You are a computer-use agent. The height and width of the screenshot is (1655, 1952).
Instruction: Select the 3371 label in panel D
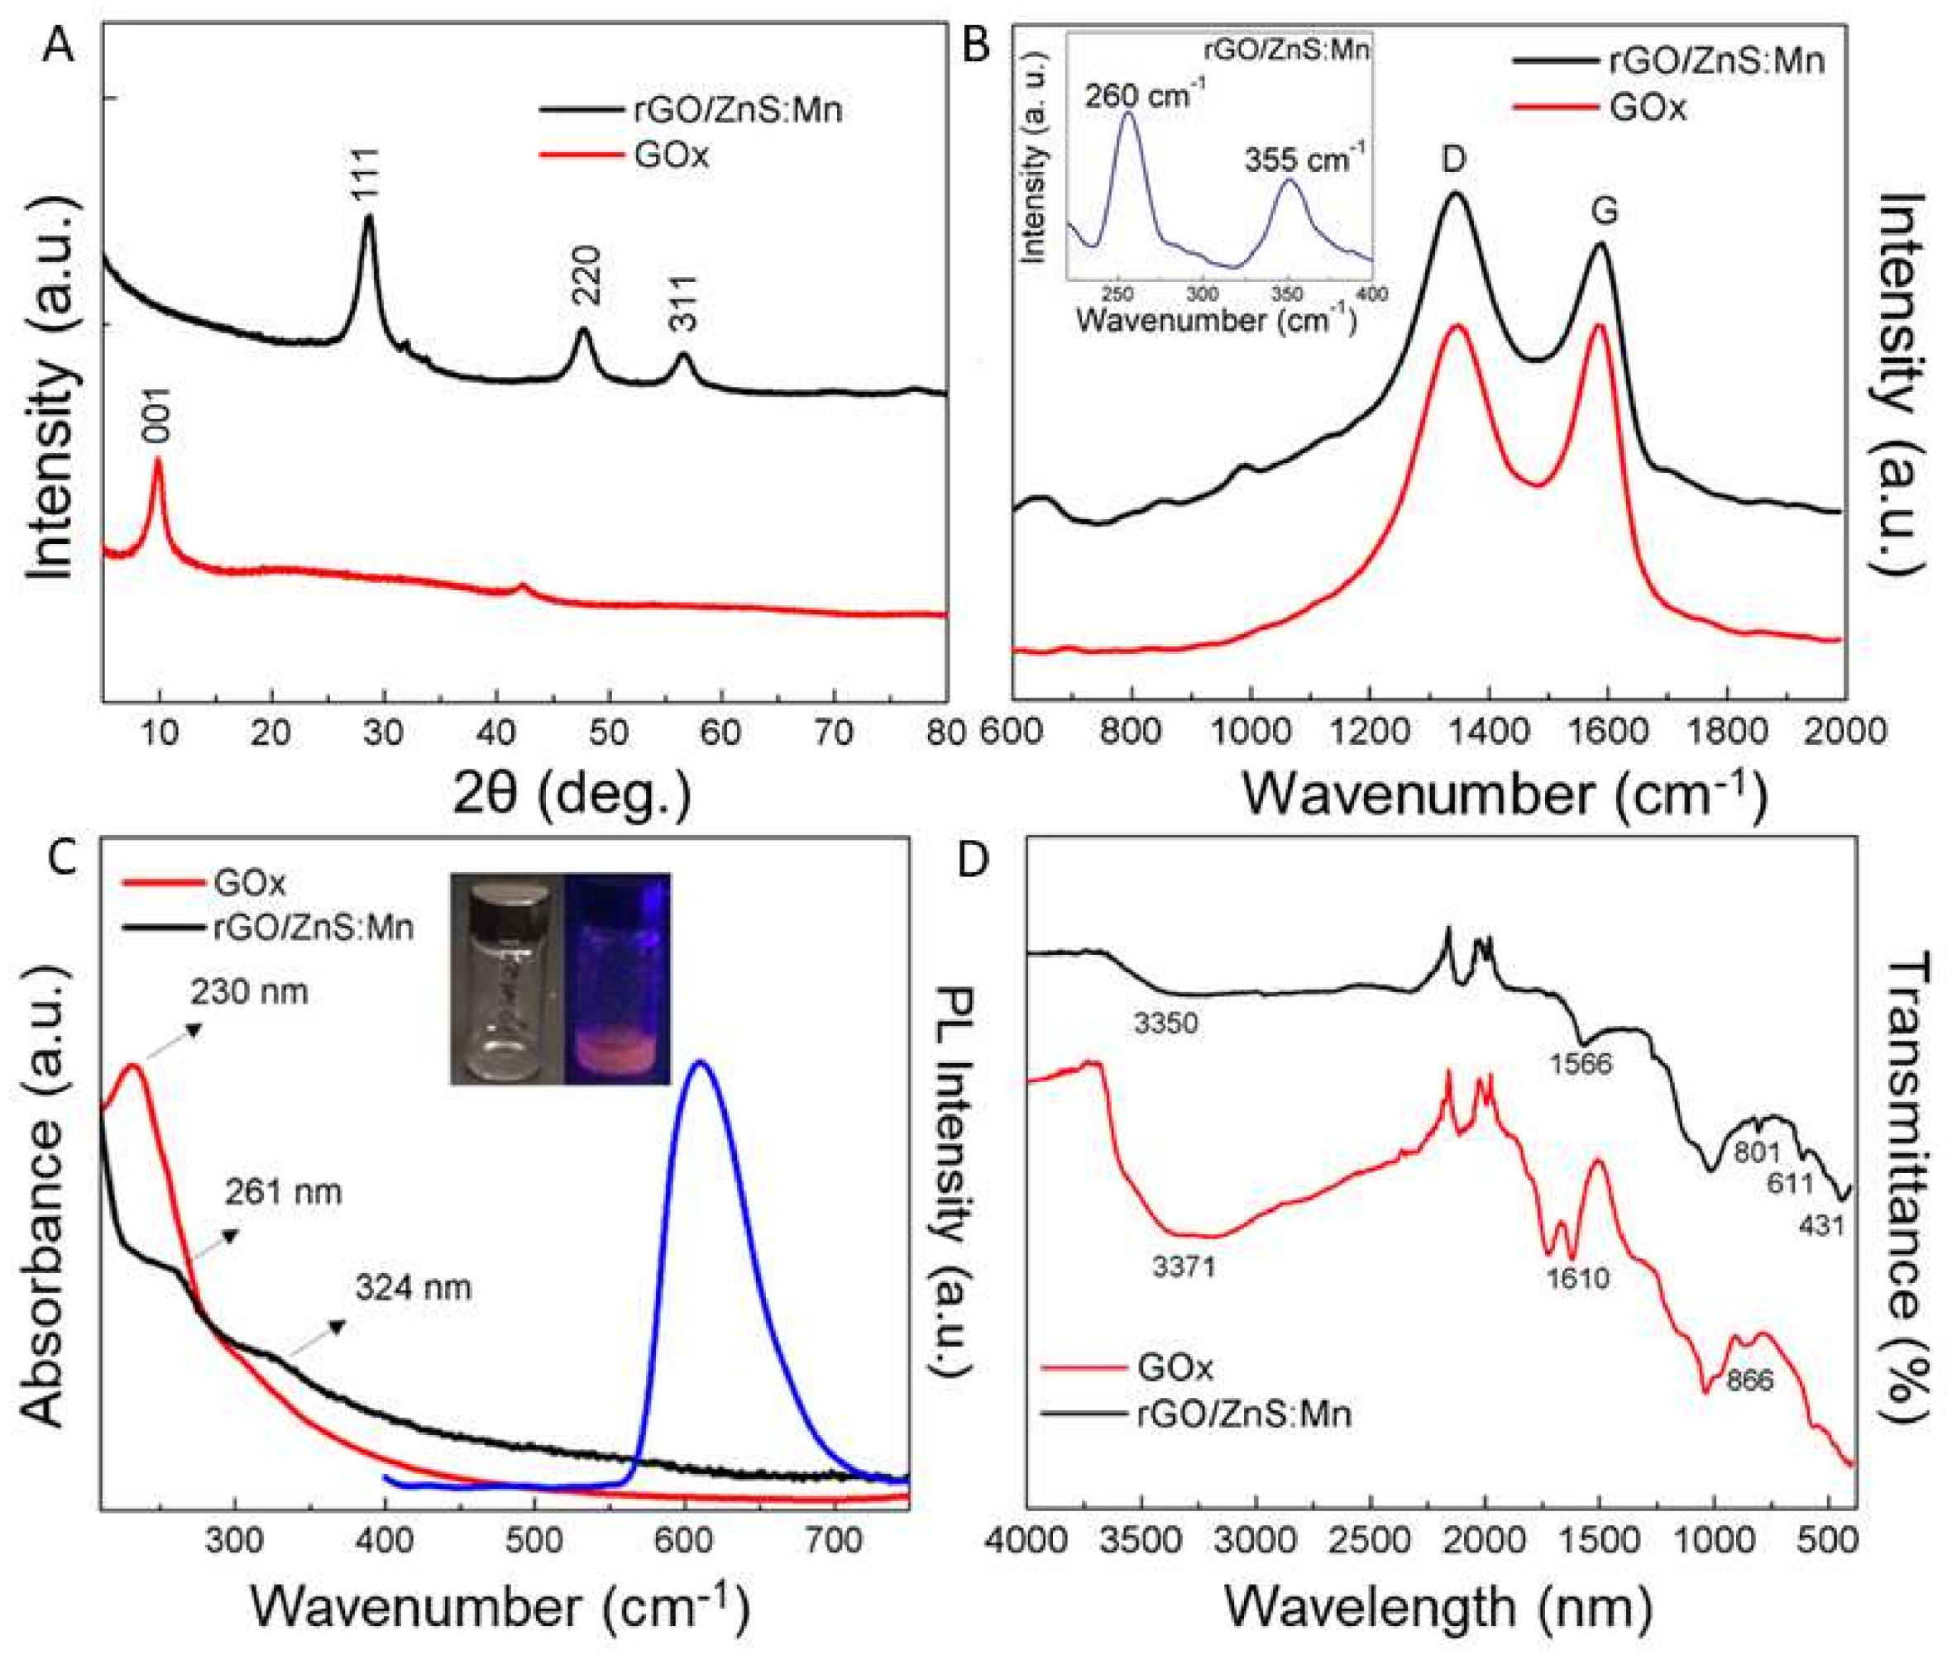tap(1185, 1268)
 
